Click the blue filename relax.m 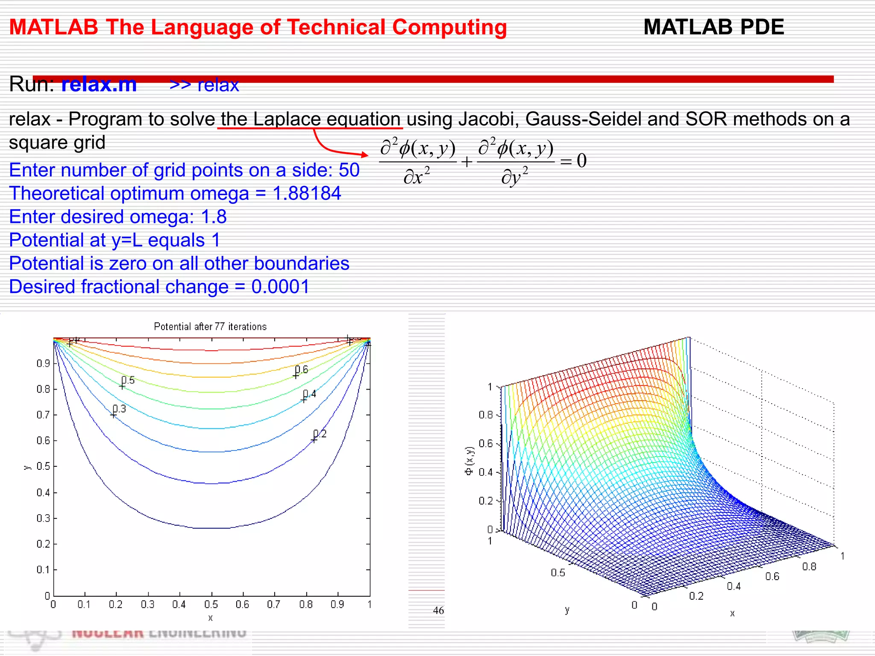(99, 84)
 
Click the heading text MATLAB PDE (714, 27)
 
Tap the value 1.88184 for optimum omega (307, 193)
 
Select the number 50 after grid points (349, 170)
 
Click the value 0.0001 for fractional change (280, 287)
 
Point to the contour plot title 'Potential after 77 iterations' (210, 327)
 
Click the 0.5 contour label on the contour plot (128, 380)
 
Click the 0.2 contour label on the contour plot (320, 434)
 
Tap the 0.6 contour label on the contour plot (302, 369)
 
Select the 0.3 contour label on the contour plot (120, 409)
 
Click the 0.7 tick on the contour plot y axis (43, 415)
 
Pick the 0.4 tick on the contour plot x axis (179, 605)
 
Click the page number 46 (438, 611)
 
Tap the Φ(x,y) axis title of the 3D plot (469, 461)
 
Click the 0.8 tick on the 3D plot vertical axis (485, 415)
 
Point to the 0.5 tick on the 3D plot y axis (558, 573)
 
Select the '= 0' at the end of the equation (574, 161)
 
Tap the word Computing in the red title (449, 27)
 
